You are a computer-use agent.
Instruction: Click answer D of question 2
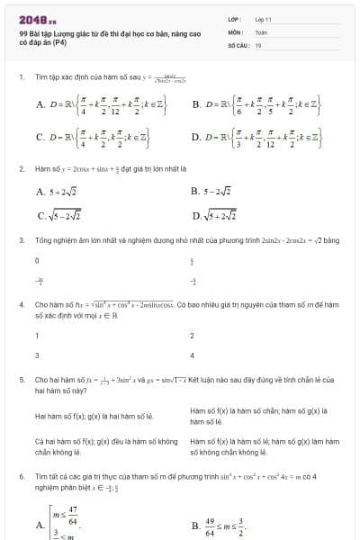click(216, 215)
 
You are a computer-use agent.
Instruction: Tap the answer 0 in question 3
click(37, 260)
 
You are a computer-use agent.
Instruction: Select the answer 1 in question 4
click(37, 336)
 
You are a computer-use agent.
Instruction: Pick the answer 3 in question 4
click(37, 355)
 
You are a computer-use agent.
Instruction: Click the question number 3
click(21, 240)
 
